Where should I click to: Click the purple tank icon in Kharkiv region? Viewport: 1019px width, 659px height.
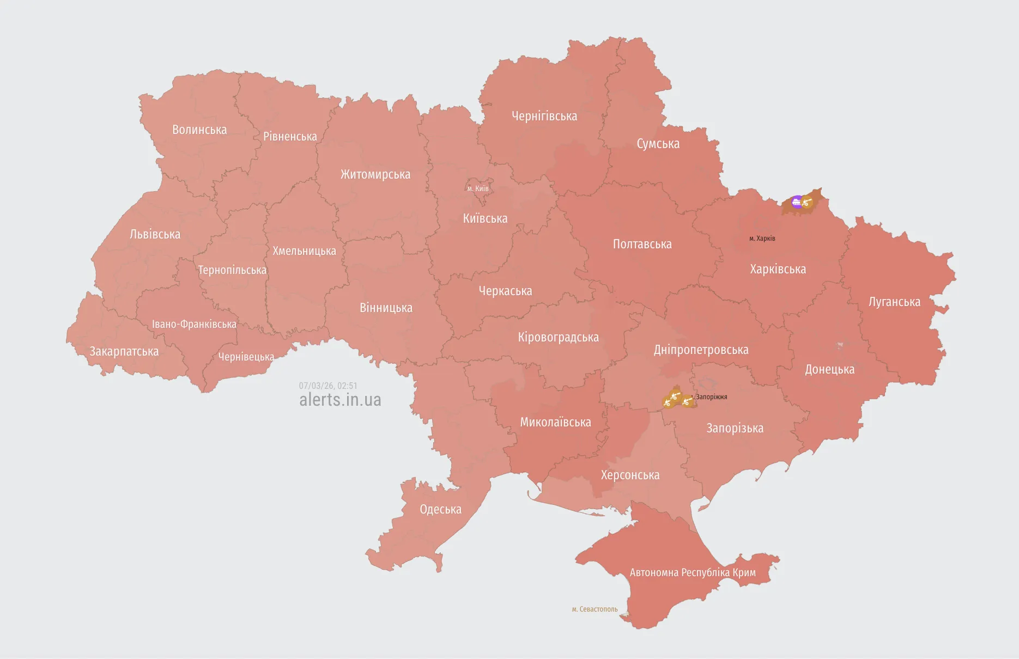click(797, 202)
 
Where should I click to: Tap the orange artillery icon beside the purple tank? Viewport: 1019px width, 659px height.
click(808, 203)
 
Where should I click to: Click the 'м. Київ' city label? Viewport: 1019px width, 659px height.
click(478, 188)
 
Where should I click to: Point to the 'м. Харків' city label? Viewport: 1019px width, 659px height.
click(762, 239)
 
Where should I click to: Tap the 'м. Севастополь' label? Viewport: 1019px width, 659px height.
click(595, 609)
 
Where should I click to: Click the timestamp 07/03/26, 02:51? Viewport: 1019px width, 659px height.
click(328, 386)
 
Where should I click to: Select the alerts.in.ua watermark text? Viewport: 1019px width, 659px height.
click(340, 400)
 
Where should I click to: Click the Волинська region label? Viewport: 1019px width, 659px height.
click(199, 130)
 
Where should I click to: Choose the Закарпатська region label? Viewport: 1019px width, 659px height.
click(124, 351)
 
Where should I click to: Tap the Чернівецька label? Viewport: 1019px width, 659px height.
click(246, 357)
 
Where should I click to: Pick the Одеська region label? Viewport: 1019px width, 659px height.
click(440, 509)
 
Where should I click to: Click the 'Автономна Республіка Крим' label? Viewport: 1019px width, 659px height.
click(693, 572)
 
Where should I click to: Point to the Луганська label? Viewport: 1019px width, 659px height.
click(894, 302)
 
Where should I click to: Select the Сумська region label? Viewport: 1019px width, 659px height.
click(658, 144)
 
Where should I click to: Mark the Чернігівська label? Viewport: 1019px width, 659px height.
click(544, 116)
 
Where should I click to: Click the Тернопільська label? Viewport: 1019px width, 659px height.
click(232, 270)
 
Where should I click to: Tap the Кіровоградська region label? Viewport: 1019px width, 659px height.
click(558, 337)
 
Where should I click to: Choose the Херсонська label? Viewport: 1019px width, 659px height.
click(630, 475)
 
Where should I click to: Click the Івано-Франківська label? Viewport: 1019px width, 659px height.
click(194, 324)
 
